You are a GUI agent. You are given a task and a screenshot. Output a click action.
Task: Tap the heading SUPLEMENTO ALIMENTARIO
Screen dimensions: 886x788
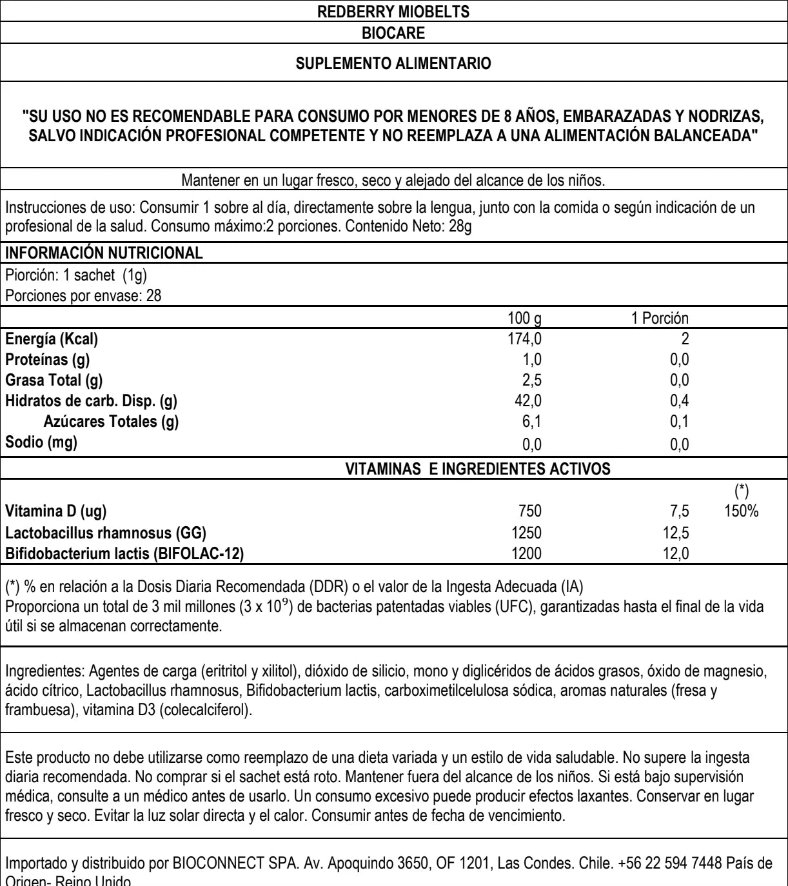click(x=393, y=64)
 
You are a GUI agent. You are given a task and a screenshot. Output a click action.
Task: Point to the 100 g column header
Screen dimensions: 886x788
click(x=527, y=318)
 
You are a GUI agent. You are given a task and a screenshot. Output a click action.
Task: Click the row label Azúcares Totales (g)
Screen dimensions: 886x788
click(x=111, y=422)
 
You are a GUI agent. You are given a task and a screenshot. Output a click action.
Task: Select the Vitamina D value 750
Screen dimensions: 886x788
click(x=529, y=511)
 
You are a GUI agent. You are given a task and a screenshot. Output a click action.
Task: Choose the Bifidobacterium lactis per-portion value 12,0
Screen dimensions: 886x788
click(x=676, y=552)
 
